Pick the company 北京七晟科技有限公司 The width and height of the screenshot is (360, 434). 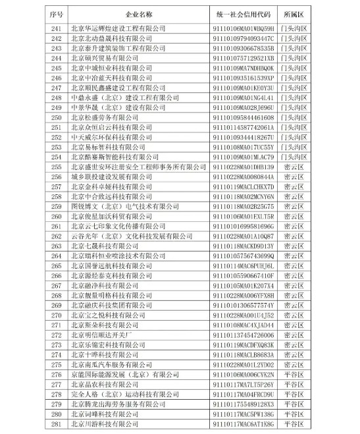click(105, 246)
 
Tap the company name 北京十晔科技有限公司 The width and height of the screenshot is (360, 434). click(105, 355)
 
